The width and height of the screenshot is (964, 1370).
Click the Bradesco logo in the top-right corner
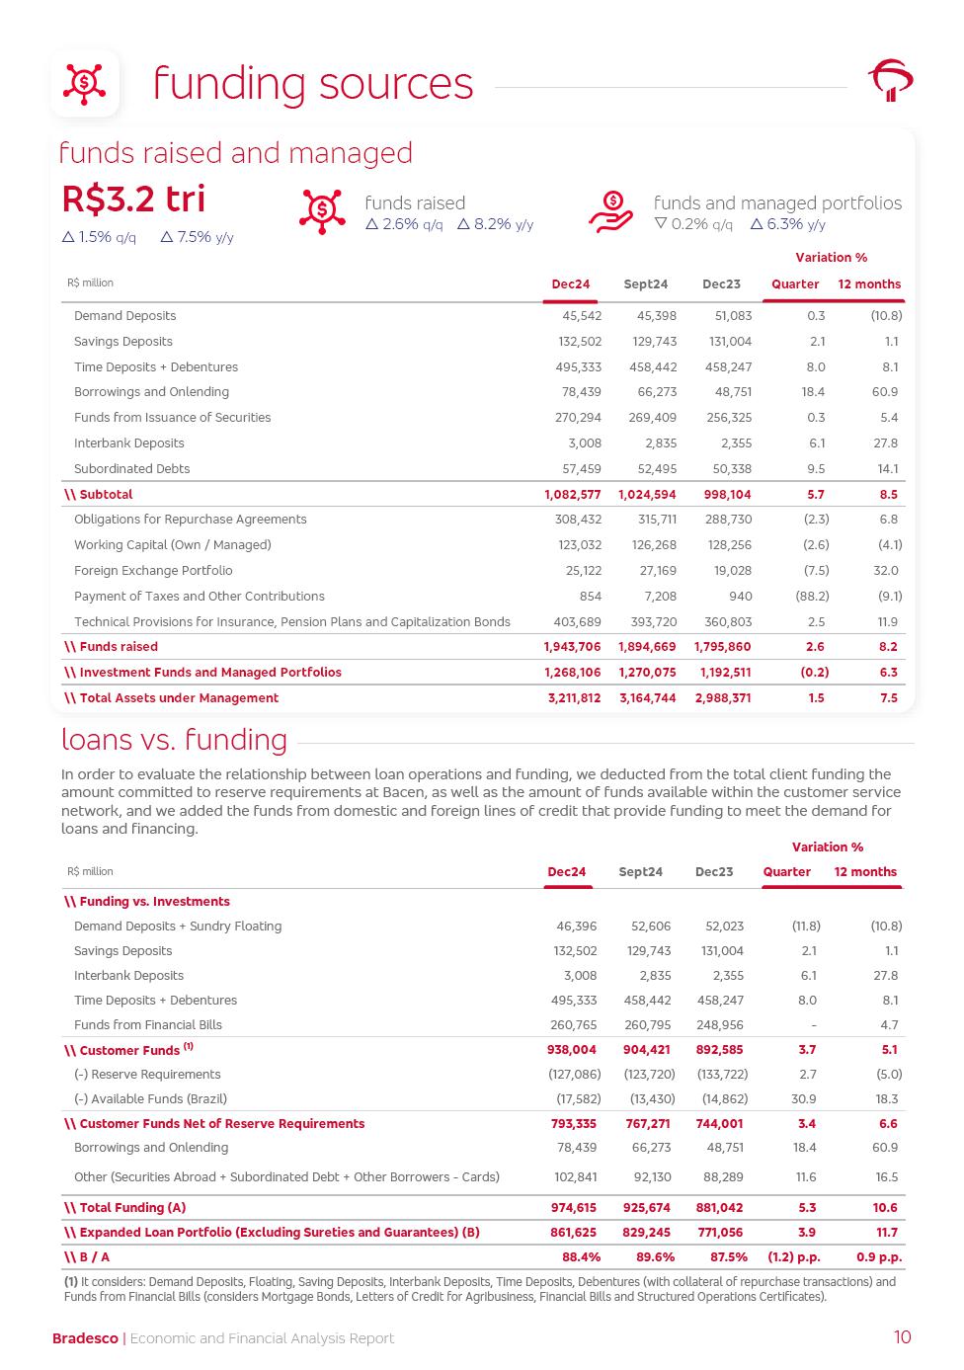click(890, 80)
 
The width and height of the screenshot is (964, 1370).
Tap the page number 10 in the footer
click(902, 1337)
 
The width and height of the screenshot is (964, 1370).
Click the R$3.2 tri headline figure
click(133, 200)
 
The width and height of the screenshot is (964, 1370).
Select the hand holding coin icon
click(611, 211)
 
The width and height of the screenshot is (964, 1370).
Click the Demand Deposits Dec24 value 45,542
click(582, 316)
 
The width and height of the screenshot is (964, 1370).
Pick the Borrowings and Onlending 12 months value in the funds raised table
click(885, 392)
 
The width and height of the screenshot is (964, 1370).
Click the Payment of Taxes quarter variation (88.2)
click(812, 597)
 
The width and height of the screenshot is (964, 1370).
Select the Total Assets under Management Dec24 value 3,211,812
click(574, 698)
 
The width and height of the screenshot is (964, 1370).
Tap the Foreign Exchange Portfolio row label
click(153, 571)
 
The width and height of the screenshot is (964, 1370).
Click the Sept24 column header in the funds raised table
click(645, 284)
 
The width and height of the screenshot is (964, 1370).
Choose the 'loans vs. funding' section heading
click(174, 740)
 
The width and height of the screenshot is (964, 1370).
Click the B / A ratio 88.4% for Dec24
click(581, 1257)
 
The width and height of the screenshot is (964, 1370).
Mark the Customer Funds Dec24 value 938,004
click(571, 1050)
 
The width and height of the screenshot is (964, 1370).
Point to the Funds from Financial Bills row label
click(148, 1025)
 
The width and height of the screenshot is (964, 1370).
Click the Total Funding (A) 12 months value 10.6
click(885, 1208)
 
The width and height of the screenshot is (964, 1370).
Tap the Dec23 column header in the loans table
click(714, 872)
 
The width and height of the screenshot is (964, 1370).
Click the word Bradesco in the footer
click(85, 1338)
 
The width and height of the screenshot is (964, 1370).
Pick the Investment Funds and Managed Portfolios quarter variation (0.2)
click(812, 673)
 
